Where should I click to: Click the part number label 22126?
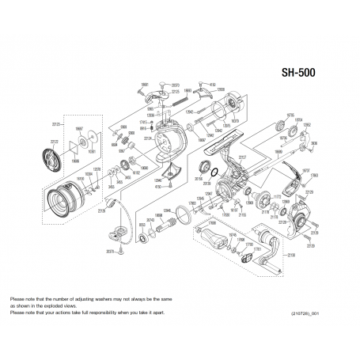101,211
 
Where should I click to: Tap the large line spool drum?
63,200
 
